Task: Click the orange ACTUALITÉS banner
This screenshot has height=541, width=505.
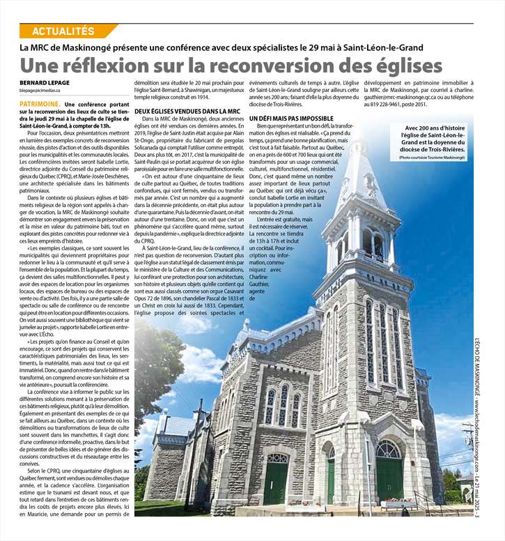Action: tap(63, 31)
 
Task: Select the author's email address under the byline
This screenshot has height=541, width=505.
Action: tap(49, 92)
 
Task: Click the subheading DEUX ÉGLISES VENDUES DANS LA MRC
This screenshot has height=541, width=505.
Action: tap(187, 111)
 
